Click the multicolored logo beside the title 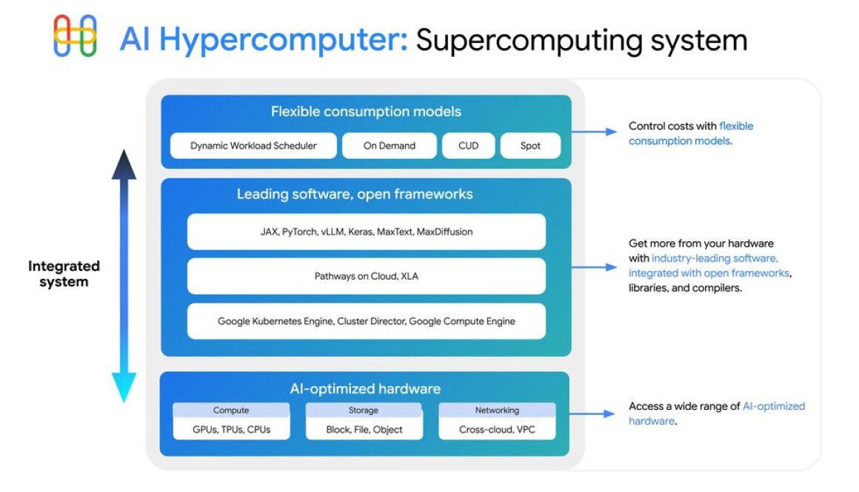coord(76,36)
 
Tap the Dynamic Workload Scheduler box coord(253,146)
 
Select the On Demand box coord(390,146)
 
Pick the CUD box coord(468,146)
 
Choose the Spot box coord(530,146)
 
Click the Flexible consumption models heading coord(366,112)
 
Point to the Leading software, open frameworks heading coord(355,195)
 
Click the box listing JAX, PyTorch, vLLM coord(366,232)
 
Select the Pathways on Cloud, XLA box coord(366,276)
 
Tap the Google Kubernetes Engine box coord(366,321)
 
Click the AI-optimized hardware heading coord(366,388)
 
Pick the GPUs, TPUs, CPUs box coord(231,429)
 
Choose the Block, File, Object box coord(364,429)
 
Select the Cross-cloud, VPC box coord(497,429)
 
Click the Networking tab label coord(497,410)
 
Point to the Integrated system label coord(64,274)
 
